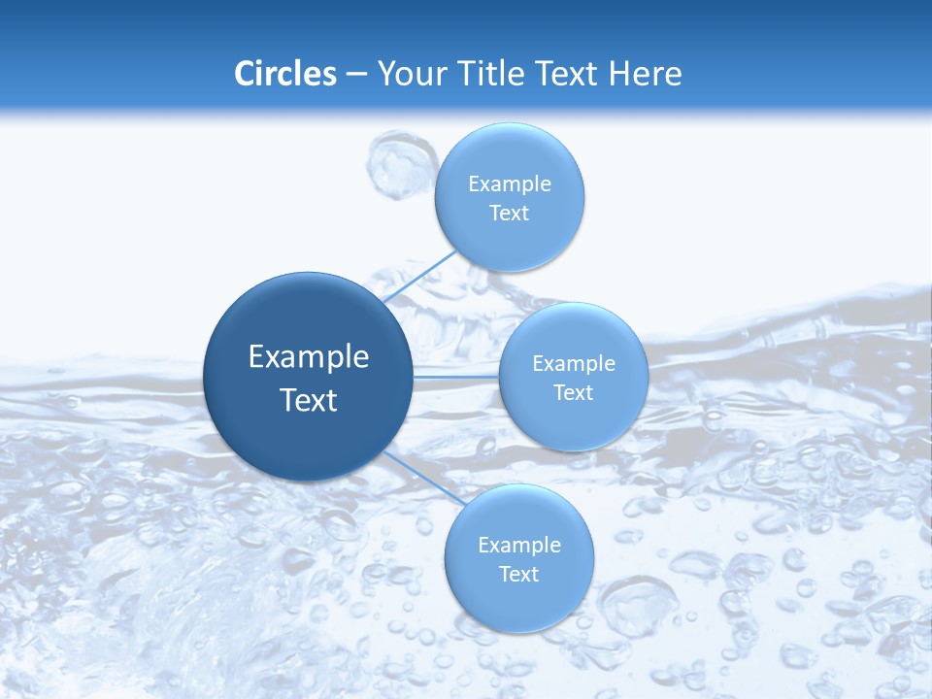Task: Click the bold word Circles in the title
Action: pos(285,74)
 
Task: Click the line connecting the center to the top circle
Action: pos(419,276)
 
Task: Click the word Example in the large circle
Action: pos(309,357)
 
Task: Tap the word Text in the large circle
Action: pos(309,400)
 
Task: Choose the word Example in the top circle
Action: pos(510,184)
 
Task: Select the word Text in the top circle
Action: pos(510,214)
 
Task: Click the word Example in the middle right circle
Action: pos(574,364)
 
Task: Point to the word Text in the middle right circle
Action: pos(574,393)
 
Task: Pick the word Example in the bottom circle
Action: pos(519,546)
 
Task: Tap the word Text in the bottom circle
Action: pos(519,575)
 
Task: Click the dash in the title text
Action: pos(356,75)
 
